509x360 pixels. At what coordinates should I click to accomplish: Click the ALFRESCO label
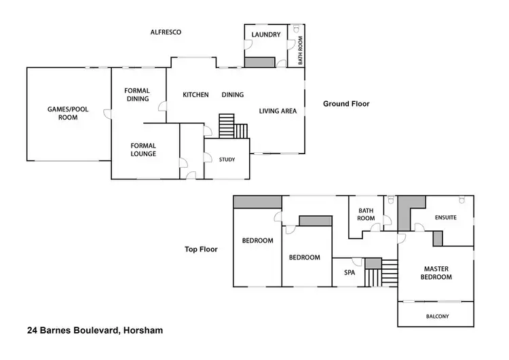point(166,32)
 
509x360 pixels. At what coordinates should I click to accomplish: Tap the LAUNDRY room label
point(265,34)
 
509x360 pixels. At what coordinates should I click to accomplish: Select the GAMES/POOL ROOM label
point(67,113)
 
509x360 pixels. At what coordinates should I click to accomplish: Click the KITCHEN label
point(195,94)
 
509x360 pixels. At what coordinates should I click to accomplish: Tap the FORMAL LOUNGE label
point(143,149)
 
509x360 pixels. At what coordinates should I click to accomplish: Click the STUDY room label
point(227,160)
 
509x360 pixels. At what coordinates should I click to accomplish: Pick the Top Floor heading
point(201,249)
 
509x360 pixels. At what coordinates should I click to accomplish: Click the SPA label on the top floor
point(350,272)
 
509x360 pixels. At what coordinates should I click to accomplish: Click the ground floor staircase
point(231,126)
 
